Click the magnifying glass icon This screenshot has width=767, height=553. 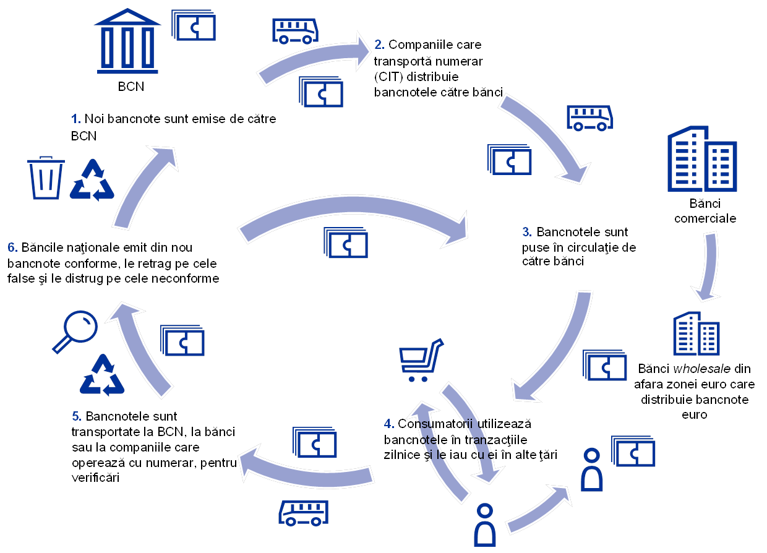pos(76,331)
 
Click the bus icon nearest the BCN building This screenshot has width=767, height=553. pos(295,30)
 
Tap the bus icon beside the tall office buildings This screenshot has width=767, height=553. pos(590,118)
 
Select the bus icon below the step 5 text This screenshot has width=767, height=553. pos(303,513)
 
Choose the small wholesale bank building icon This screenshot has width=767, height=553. pos(696,333)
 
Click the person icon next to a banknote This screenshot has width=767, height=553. pos(592,469)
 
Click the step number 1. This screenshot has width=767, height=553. pos(77,118)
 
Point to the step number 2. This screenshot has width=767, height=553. pos(379,45)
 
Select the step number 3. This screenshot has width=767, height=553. pos(527,233)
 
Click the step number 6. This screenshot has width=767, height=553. pos(12,248)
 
